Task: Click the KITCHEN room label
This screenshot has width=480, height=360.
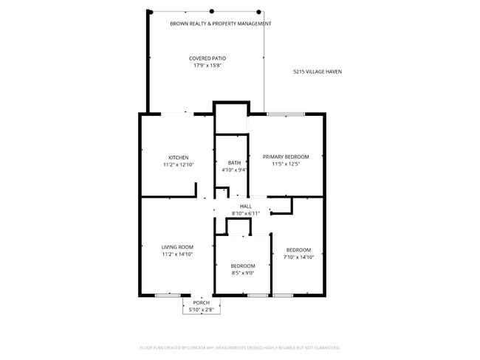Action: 178,157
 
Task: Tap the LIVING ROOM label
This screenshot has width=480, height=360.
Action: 177,247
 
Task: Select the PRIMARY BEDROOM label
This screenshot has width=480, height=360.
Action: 286,156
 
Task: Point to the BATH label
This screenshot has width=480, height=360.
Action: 234,163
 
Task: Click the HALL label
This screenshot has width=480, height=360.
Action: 246,207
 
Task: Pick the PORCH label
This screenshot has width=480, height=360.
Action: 201,303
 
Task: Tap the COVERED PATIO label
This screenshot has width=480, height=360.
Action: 208,58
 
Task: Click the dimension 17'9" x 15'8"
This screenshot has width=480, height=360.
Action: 208,66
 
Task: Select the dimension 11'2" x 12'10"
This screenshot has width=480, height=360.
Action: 178,165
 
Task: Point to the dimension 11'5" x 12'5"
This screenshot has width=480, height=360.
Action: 286,164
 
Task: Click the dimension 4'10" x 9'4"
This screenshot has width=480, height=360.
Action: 234,170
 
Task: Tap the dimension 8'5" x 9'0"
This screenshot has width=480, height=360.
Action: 242,273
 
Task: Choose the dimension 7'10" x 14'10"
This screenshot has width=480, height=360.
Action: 298,257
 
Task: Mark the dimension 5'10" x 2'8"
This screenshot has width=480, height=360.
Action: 201,310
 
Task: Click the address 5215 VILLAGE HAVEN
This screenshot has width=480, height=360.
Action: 317,72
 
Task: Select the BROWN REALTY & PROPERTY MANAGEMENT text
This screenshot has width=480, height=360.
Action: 220,24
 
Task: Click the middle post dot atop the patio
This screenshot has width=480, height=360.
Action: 212,11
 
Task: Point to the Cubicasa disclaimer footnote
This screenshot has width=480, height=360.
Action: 239,347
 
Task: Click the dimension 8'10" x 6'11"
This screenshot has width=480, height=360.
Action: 246,213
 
